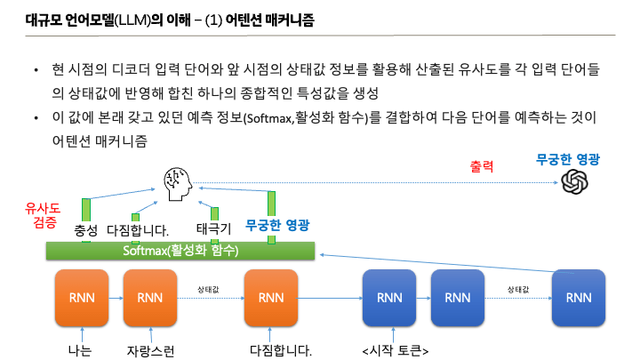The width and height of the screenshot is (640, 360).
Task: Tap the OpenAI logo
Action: point(575,183)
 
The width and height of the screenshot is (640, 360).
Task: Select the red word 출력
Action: point(481,166)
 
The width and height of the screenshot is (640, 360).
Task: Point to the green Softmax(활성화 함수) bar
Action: point(180,251)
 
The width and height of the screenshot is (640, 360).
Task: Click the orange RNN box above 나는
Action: point(81,297)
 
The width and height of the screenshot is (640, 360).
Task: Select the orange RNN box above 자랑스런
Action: point(149,297)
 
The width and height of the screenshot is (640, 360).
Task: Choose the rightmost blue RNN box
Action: point(578,297)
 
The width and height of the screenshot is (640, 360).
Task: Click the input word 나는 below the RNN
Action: point(80,350)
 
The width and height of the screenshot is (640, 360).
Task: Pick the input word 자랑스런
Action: point(149,350)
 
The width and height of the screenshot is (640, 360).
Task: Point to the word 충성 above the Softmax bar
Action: point(86,230)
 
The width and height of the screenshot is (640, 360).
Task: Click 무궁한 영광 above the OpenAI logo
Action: point(568,160)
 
